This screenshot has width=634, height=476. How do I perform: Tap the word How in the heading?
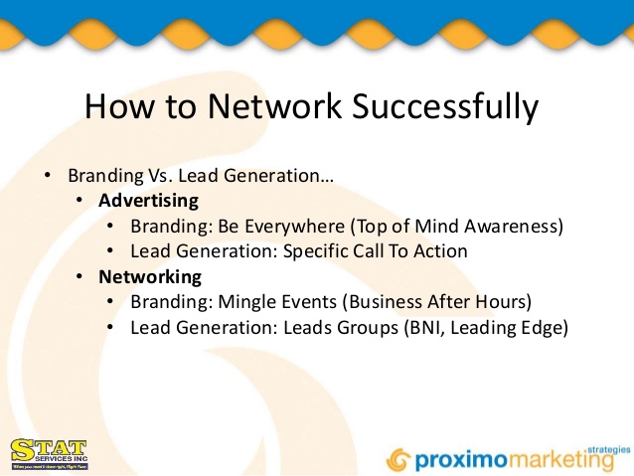[x=116, y=105]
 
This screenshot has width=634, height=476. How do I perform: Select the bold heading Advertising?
[x=148, y=201]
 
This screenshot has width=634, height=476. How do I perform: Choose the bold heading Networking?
[x=149, y=276]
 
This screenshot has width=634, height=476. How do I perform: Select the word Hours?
[x=501, y=302]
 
